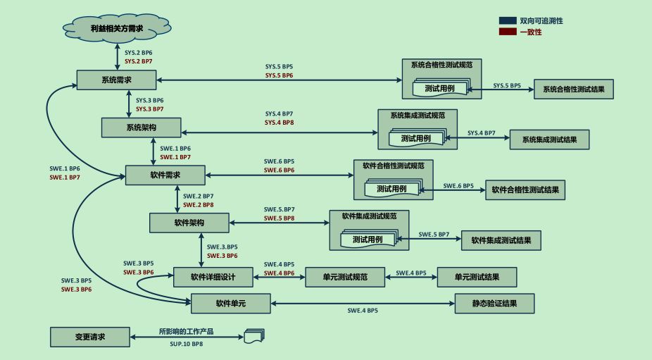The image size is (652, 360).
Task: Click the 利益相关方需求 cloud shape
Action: click(117, 28)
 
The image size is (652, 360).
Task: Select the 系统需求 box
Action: click(116, 80)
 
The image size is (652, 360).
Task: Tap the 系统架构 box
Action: click(142, 128)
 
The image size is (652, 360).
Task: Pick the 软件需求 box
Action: click(165, 175)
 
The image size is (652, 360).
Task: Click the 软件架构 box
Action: click(189, 223)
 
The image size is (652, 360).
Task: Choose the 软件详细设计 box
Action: click(213, 277)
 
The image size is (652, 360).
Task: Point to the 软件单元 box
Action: click(231, 304)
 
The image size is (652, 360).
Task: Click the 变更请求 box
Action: click(90, 337)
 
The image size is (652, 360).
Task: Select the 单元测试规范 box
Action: click(345, 277)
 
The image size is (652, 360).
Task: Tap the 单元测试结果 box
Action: click(477, 277)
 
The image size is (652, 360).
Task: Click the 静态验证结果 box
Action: click(494, 304)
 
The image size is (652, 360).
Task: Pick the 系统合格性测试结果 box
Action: click(574, 89)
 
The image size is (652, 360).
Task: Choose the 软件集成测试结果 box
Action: click(501, 240)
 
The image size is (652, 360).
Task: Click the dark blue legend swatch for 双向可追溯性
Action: click(508, 20)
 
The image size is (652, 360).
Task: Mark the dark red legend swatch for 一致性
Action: click(508, 32)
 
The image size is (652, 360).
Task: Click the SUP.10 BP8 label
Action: click(187, 344)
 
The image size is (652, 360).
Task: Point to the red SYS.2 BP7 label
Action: click(139, 61)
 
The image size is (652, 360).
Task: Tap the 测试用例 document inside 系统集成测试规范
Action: click(417, 138)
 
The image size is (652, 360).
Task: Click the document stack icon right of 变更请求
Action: click(254, 336)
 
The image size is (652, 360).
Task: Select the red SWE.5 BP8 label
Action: click(279, 218)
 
